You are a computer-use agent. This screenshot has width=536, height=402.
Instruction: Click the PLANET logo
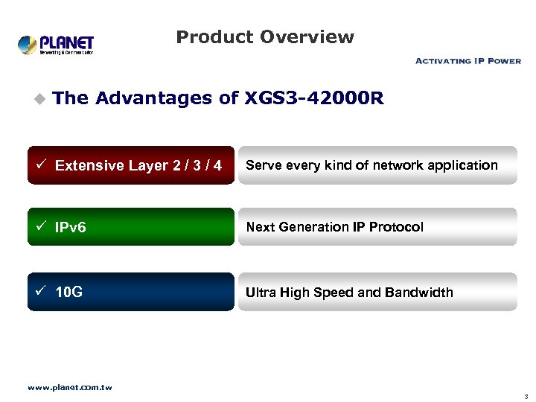coord(56,44)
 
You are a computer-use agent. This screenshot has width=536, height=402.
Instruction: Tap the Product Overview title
coord(265,37)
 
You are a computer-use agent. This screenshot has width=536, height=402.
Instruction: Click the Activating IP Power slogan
coord(468,61)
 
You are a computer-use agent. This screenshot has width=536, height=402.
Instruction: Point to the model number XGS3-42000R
coord(313,98)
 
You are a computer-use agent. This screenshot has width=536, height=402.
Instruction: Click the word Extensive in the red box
coord(89,165)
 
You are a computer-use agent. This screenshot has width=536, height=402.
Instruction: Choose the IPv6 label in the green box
coord(71,227)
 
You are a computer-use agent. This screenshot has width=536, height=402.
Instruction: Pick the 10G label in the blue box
coord(69,292)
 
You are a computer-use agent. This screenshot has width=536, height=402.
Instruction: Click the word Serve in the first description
coord(262,165)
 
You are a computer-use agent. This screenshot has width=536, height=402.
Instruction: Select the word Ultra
coord(261,292)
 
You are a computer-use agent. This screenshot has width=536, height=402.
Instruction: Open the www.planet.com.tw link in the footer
coord(69,387)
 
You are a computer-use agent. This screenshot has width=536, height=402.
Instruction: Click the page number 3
coord(526,396)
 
